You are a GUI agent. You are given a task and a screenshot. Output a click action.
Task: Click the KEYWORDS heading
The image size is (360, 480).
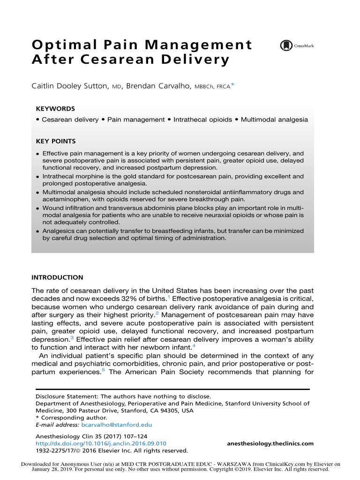tap(55, 108)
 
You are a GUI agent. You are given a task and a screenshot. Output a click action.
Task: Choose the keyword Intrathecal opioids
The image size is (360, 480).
tap(202, 120)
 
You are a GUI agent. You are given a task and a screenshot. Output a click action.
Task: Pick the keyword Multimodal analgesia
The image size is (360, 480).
tap(274, 120)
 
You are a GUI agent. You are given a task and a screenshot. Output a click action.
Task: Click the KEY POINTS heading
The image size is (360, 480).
tap(56, 141)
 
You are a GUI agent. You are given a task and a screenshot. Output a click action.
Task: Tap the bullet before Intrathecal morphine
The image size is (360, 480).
tap(38, 177)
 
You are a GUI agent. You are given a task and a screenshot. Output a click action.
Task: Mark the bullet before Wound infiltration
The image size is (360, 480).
tap(38, 208)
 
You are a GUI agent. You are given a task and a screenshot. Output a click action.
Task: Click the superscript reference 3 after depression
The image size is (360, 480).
tap(72, 335)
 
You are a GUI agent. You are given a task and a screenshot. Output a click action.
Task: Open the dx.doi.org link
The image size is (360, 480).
tap(101, 443)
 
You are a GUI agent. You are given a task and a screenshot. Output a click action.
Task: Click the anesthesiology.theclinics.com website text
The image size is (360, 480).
tap(270, 443)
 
